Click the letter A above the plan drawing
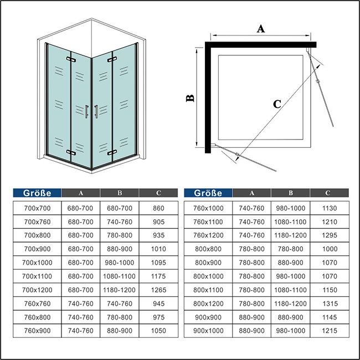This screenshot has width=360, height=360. point(261,29)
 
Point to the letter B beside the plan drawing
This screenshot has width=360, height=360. point(190,98)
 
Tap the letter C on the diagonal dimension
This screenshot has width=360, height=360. point(277,104)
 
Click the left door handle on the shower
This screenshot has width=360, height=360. point(86,112)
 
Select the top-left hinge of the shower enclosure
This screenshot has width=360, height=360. point(71,59)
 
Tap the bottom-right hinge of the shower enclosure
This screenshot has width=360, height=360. point(112,152)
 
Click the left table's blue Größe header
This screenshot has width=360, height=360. point(37,193)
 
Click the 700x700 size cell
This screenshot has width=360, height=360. point(37,208)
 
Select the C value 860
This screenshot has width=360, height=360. point(158,208)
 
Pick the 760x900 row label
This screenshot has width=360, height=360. point(37,331)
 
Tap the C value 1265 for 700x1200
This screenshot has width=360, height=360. point(158,290)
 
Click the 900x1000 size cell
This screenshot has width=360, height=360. point(208,331)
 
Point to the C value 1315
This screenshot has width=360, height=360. point(330,304)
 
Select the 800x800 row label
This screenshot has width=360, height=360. point(208,249)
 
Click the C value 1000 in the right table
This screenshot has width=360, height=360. point(330,249)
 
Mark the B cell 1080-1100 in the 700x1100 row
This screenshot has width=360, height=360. point(119,276)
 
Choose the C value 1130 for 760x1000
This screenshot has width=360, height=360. point(330,208)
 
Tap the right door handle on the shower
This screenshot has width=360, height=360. point(96,111)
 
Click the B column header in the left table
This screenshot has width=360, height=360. point(120,193)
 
